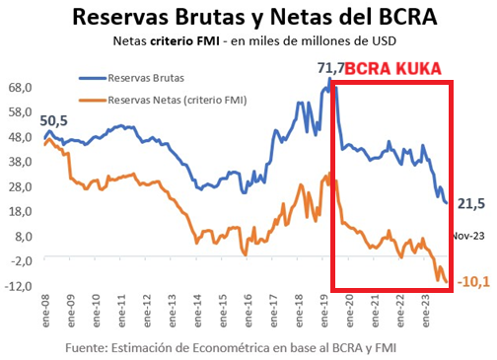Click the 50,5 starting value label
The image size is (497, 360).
pyautogui.click(x=55, y=119)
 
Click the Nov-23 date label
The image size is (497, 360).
pyautogui.click(x=467, y=236)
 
